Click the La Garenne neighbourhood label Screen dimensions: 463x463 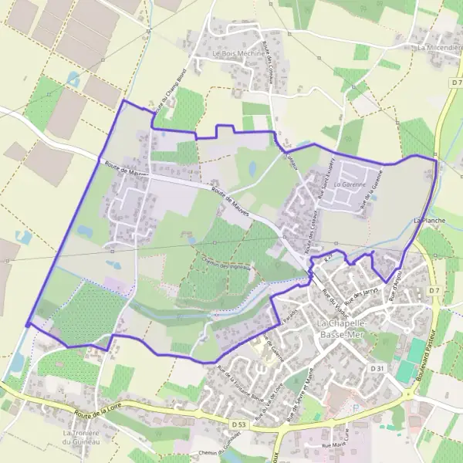pos(347,186)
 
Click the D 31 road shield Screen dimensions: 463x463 pos(377,369)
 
